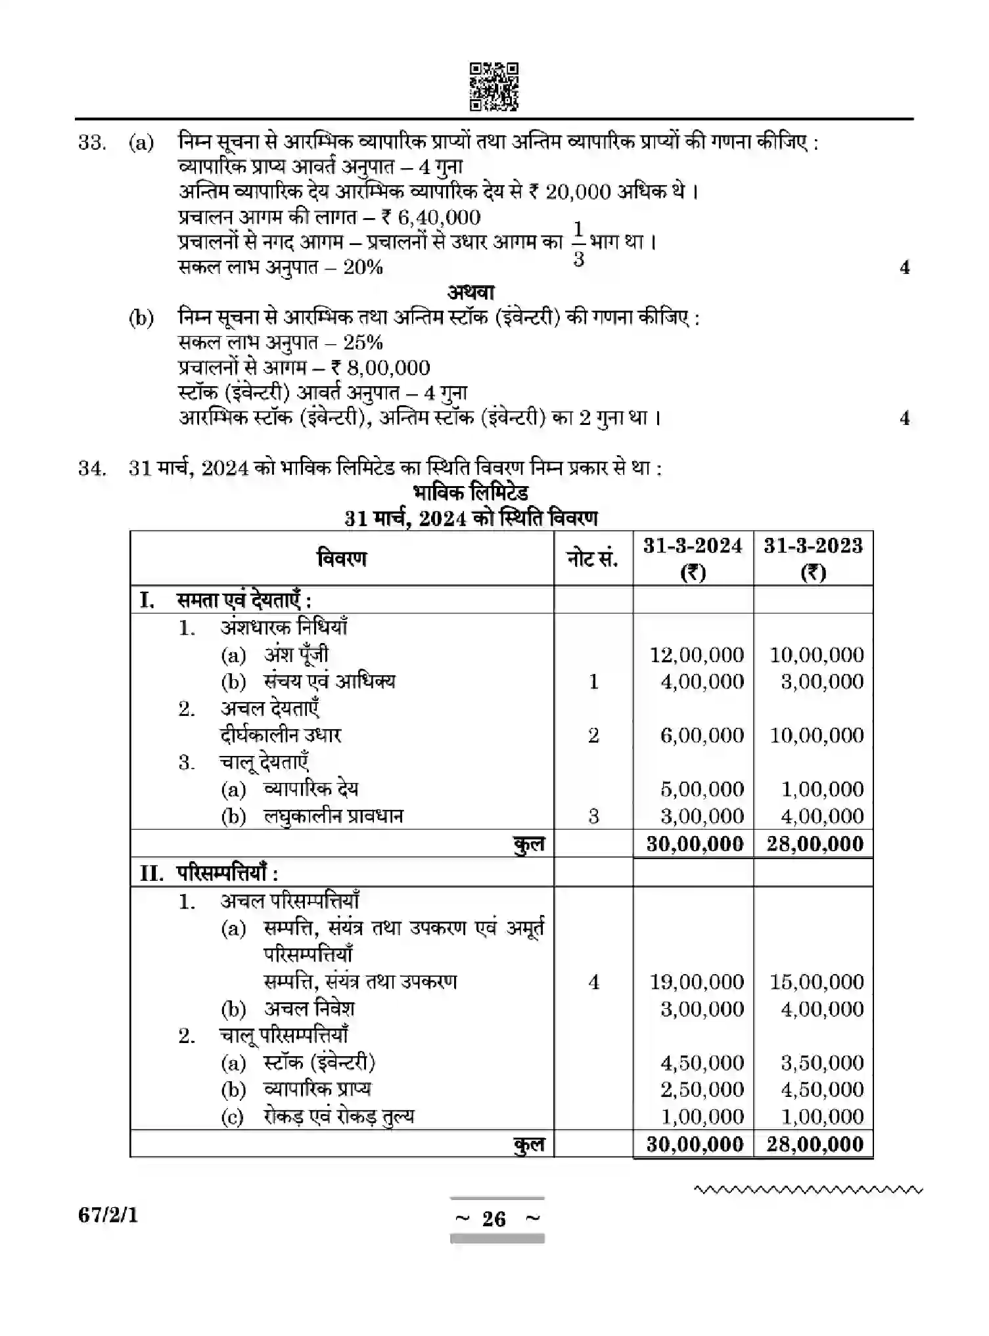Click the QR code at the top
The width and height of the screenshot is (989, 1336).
click(494, 86)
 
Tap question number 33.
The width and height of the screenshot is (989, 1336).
click(92, 143)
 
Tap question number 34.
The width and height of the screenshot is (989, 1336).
click(92, 468)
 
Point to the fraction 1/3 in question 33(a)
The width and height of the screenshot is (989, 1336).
click(578, 244)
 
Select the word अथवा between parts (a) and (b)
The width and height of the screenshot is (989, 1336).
click(471, 292)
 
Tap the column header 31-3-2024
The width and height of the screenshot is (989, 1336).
click(693, 546)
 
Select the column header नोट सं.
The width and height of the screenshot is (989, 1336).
click(592, 559)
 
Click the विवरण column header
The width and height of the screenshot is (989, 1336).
click(342, 559)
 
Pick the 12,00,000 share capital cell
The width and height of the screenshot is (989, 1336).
click(696, 655)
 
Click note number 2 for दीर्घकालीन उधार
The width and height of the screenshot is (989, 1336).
click(593, 736)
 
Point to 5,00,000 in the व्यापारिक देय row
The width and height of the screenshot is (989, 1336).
click(701, 790)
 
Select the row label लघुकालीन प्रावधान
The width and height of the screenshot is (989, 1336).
click(333, 816)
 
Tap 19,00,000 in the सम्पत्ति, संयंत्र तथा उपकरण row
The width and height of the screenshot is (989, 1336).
click(696, 982)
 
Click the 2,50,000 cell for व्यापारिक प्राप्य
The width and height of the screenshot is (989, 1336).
click(701, 1090)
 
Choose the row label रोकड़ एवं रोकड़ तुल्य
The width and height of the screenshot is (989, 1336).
click(338, 1117)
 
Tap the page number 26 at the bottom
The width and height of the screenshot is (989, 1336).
click(494, 1219)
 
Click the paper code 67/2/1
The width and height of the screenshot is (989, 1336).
click(108, 1216)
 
